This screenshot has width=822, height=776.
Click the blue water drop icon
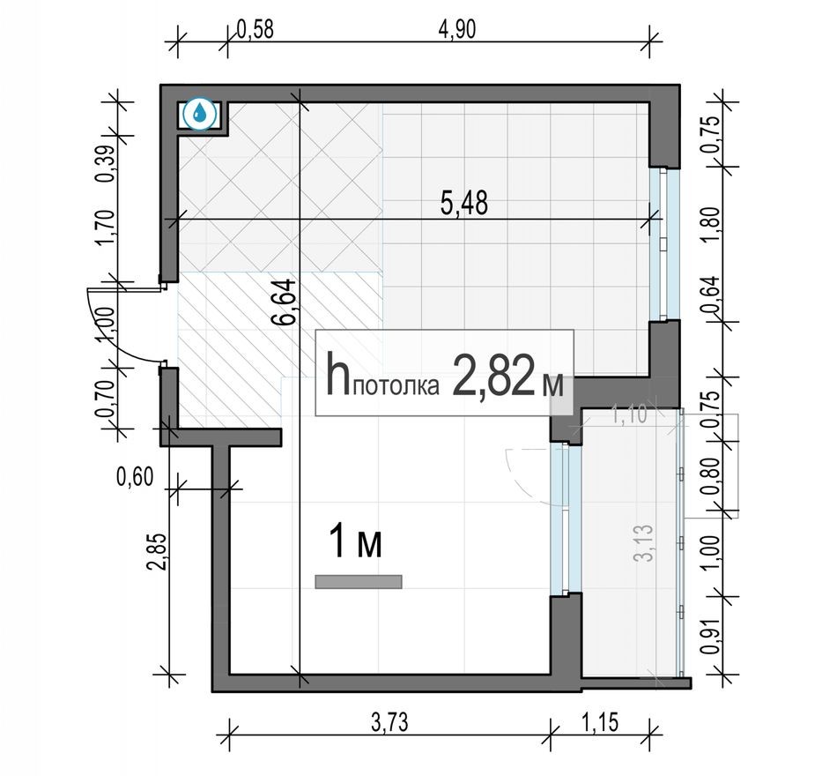coord(200,113)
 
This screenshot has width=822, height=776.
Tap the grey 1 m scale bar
coord(359,581)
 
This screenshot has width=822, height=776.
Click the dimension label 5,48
coord(464,203)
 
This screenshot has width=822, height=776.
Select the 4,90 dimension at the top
coord(456,29)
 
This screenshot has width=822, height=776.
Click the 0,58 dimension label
coord(255,29)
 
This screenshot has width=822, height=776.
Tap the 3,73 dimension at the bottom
coord(389,723)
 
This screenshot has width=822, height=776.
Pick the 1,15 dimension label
coord(600,722)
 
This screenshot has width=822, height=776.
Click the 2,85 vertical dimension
coord(158,551)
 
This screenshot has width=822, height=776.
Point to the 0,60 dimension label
coord(136,477)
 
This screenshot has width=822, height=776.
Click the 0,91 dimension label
coord(709,637)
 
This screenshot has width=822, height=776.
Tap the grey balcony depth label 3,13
coord(644,543)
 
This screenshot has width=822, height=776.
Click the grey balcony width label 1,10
coord(630,415)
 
